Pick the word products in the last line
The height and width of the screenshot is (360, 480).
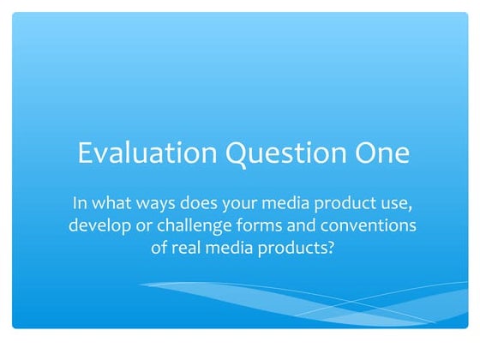296,249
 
